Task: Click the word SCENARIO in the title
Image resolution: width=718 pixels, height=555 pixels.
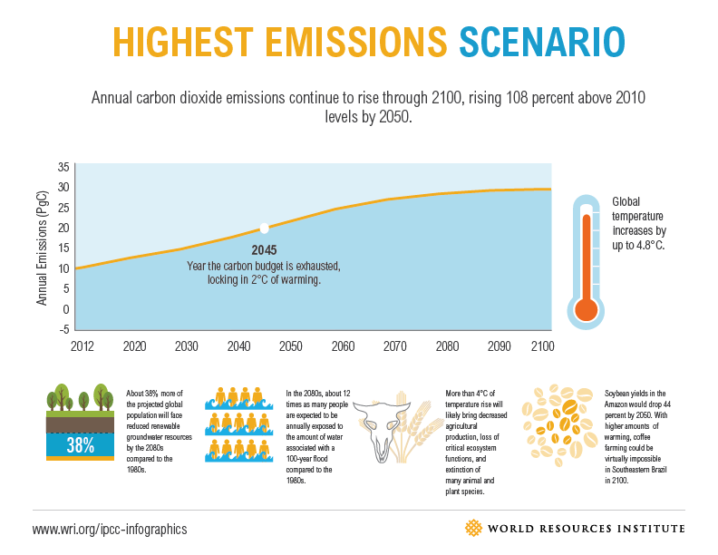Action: coord(541,42)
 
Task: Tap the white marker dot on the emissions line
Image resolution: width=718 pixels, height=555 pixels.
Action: coord(264,229)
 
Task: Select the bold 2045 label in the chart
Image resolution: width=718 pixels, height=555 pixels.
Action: coord(265,249)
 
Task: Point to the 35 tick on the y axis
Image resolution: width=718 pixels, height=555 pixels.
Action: coord(63,168)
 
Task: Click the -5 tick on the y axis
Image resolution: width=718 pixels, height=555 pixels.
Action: coord(63,329)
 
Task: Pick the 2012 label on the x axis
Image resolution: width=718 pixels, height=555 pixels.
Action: coord(82,346)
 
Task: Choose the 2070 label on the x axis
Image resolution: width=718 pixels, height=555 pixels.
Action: coord(395,346)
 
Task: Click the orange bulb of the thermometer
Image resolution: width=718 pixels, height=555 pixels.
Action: coord(587,308)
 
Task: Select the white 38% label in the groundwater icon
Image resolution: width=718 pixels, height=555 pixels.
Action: coord(80,444)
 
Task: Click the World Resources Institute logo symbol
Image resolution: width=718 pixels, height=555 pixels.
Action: coord(473,528)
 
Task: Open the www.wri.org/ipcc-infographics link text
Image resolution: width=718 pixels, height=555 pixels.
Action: coord(110,529)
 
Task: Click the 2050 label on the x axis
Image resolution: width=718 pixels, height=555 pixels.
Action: coord(290,346)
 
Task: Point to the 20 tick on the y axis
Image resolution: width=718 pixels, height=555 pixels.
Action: coord(63,228)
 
